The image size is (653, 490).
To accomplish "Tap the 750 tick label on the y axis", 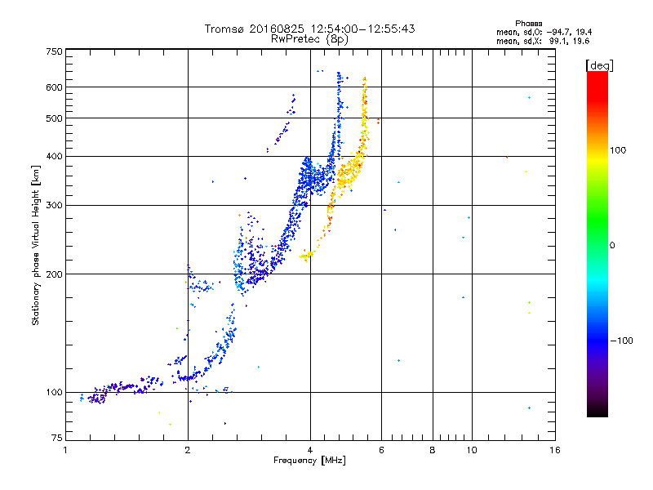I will pos(54,51).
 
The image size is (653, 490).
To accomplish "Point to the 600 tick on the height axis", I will pos(54,87).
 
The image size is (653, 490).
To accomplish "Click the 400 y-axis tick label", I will pos(54,156).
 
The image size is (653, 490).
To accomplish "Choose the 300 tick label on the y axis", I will pos(54,205).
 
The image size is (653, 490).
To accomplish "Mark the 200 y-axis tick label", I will pos(54,274).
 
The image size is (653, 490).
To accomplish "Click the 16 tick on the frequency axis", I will pos(554,450).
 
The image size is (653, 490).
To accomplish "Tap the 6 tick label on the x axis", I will pos(382,450).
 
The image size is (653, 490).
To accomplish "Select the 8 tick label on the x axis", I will pos(433,450).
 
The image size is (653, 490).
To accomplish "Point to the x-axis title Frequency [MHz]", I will pos(310,461).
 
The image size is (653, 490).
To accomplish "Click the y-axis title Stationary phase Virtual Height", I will pos(36,245).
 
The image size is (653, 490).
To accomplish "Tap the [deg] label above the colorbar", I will pos(599,65).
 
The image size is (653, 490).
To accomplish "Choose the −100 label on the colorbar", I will pos(625,341).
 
